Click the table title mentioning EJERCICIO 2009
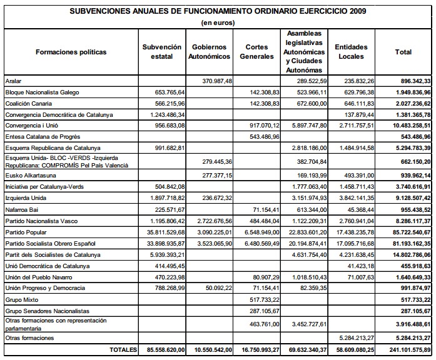point(218,11)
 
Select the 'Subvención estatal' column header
point(162,52)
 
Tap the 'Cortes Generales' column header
point(256,52)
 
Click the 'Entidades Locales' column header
point(351,52)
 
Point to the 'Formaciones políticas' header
point(71,52)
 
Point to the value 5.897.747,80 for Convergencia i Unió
point(305,124)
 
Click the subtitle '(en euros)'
point(218,22)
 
